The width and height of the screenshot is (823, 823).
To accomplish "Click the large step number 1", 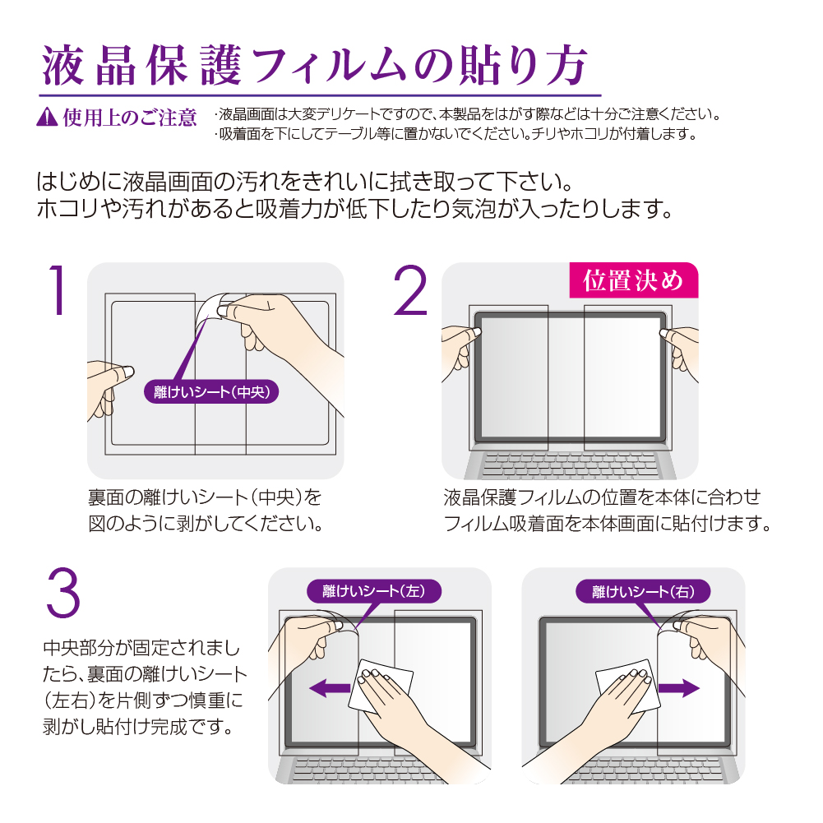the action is tap(58, 290).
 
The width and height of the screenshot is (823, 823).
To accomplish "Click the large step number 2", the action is tap(411, 290).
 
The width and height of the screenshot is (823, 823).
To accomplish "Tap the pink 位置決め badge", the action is tap(634, 280).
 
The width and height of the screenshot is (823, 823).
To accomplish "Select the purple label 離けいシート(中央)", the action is tap(211, 391).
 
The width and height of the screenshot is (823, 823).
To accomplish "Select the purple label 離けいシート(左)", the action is tap(374, 591).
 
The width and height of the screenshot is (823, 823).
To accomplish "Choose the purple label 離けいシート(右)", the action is tap(643, 591).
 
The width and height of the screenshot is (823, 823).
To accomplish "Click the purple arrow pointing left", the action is tap(330, 687).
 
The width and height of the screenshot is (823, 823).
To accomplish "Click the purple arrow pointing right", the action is tap(678, 688).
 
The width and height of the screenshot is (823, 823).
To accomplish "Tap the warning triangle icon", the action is tap(47, 117).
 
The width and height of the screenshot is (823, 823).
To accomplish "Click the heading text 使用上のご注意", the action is tap(130, 118).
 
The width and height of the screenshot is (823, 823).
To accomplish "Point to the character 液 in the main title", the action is tap(63, 66).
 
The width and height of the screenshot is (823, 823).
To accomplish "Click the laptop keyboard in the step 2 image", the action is tap(570, 465).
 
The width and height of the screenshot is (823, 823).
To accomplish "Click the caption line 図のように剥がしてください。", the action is tap(206, 524).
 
